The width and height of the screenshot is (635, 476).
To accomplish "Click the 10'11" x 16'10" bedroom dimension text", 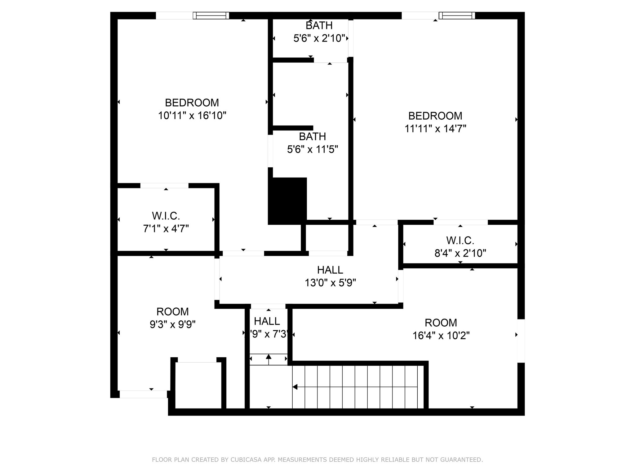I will (x=192, y=116).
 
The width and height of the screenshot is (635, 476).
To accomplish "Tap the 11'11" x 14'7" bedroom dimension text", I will (x=435, y=129).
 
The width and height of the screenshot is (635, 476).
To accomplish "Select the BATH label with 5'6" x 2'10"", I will (x=319, y=25).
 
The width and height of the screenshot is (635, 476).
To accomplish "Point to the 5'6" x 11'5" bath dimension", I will (x=312, y=149).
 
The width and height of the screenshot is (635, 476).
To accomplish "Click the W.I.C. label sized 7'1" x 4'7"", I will (x=166, y=216).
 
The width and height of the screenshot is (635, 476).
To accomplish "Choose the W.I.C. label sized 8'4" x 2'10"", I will (x=460, y=240).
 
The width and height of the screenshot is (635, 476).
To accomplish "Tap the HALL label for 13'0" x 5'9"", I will (x=330, y=270).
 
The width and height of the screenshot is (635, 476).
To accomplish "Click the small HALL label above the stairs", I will (x=267, y=321).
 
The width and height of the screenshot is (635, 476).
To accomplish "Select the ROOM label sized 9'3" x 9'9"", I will (x=172, y=311).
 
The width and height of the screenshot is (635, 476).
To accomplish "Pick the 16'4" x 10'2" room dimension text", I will (x=441, y=336).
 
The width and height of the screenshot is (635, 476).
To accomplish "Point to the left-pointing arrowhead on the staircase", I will (x=295, y=387).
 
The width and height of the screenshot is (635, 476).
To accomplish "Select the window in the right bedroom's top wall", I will (x=457, y=15).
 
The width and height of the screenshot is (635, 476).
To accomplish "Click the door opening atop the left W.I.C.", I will (x=164, y=186).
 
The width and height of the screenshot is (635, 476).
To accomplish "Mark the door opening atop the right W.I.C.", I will (x=460, y=222).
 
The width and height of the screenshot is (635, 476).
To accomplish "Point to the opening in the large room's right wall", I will (x=521, y=341).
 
